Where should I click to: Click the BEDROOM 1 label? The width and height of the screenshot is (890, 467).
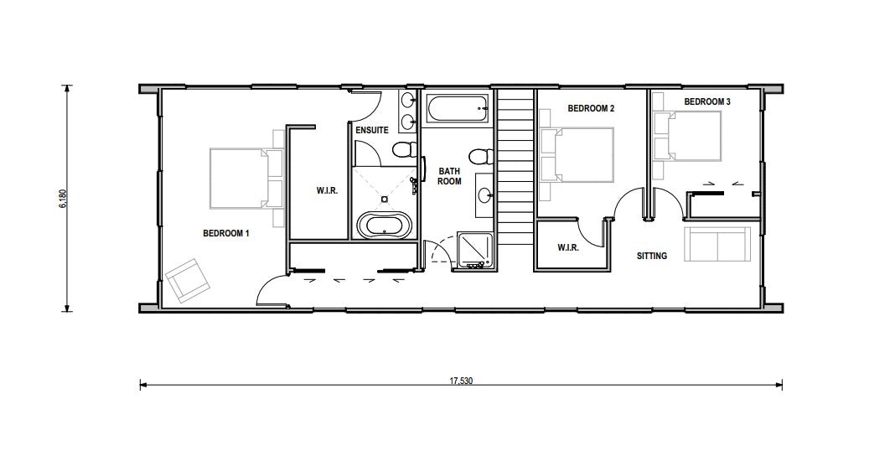226,233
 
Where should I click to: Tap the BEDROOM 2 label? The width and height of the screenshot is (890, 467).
591,108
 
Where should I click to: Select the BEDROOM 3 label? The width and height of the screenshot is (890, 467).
707,101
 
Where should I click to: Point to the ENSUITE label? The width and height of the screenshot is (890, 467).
372,130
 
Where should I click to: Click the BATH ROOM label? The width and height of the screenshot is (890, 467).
449,176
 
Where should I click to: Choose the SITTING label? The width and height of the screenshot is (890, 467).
652,256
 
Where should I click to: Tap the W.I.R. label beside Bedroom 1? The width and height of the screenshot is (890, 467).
327,191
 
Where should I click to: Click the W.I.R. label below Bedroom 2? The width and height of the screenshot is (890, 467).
567,247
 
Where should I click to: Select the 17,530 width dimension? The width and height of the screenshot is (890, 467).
461,381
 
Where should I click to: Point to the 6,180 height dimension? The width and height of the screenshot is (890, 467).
63,199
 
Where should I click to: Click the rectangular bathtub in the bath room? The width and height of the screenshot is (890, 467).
457,108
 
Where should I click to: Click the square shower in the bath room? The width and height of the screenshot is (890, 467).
473,251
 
